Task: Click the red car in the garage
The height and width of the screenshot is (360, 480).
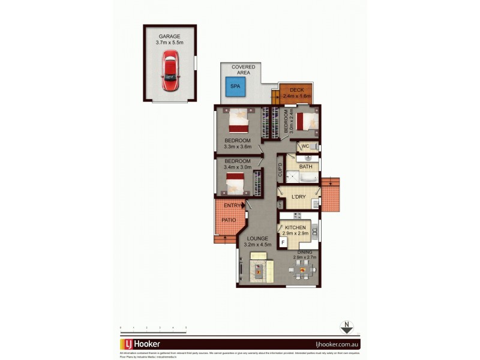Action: pyautogui.click(x=170, y=70)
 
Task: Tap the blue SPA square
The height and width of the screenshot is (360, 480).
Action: pyautogui.click(x=235, y=86)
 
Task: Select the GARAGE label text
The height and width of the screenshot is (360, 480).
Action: pyautogui.click(x=169, y=36)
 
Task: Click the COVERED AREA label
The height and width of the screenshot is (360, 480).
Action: pyautogui.click(x=243, y=70)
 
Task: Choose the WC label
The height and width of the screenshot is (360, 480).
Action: pyautogui.click(x=305, y=146)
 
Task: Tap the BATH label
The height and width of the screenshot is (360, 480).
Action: pyautogui.click(x=305, y=166)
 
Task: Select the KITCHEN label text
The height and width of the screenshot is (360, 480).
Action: pyautogui.click(x=295, y=227)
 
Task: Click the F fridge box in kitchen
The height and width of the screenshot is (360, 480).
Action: pyautogui.click(x=283, y=242)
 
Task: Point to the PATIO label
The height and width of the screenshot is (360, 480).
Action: pyautogui.click(x=228, y=220)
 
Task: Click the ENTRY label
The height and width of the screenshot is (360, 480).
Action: pyautogui.click(x=232, y=206)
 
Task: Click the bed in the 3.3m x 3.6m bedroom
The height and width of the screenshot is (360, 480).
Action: pyautogui.click(x=238, y=121)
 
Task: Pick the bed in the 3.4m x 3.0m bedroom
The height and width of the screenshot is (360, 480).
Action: pyautogui.click(x=236, y=182)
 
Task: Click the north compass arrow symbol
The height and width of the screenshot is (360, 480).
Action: pyautogui.click(x=346, y=328)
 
